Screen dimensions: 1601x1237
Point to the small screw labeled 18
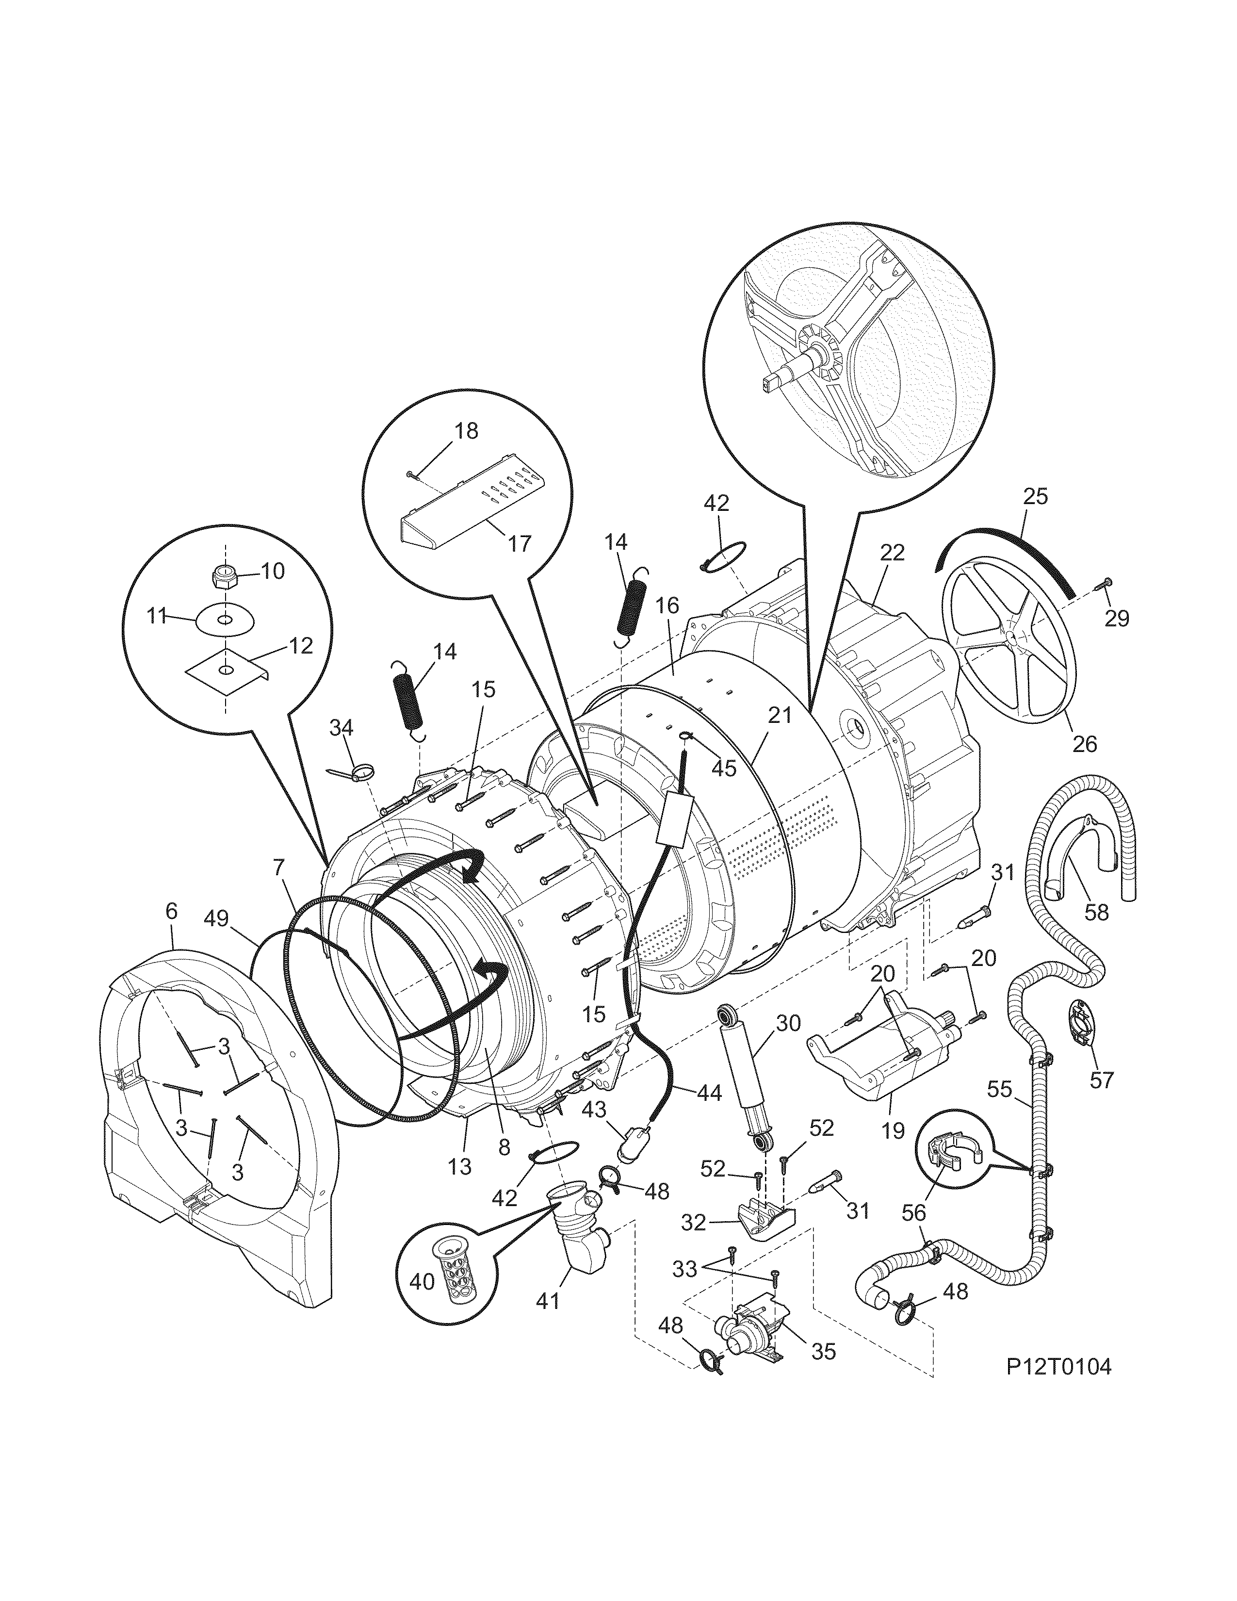[413, 475]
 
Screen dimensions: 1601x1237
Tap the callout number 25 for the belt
[1035, 496]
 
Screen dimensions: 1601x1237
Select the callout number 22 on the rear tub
[893, 552]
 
